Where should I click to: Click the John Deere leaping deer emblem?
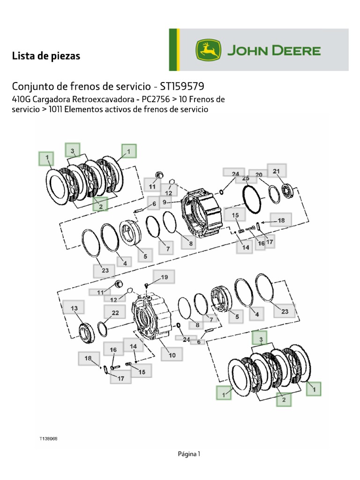click(x=210, y=50)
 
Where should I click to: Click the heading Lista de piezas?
click(x=46, y=56)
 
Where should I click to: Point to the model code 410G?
click(x=22, y=99)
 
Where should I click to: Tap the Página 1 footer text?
click(x=189, y=453)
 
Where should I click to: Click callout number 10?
click(x=172, y=355)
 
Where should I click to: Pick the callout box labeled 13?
click(x=73, y=308)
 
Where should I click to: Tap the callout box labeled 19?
click(x=163, y=277)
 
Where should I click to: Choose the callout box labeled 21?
click(x=276, y=171)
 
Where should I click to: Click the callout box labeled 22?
click(x=115, y=313)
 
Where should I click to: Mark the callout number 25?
click(x=246, y=178)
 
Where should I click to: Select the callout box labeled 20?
click(x=259, y=175)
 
